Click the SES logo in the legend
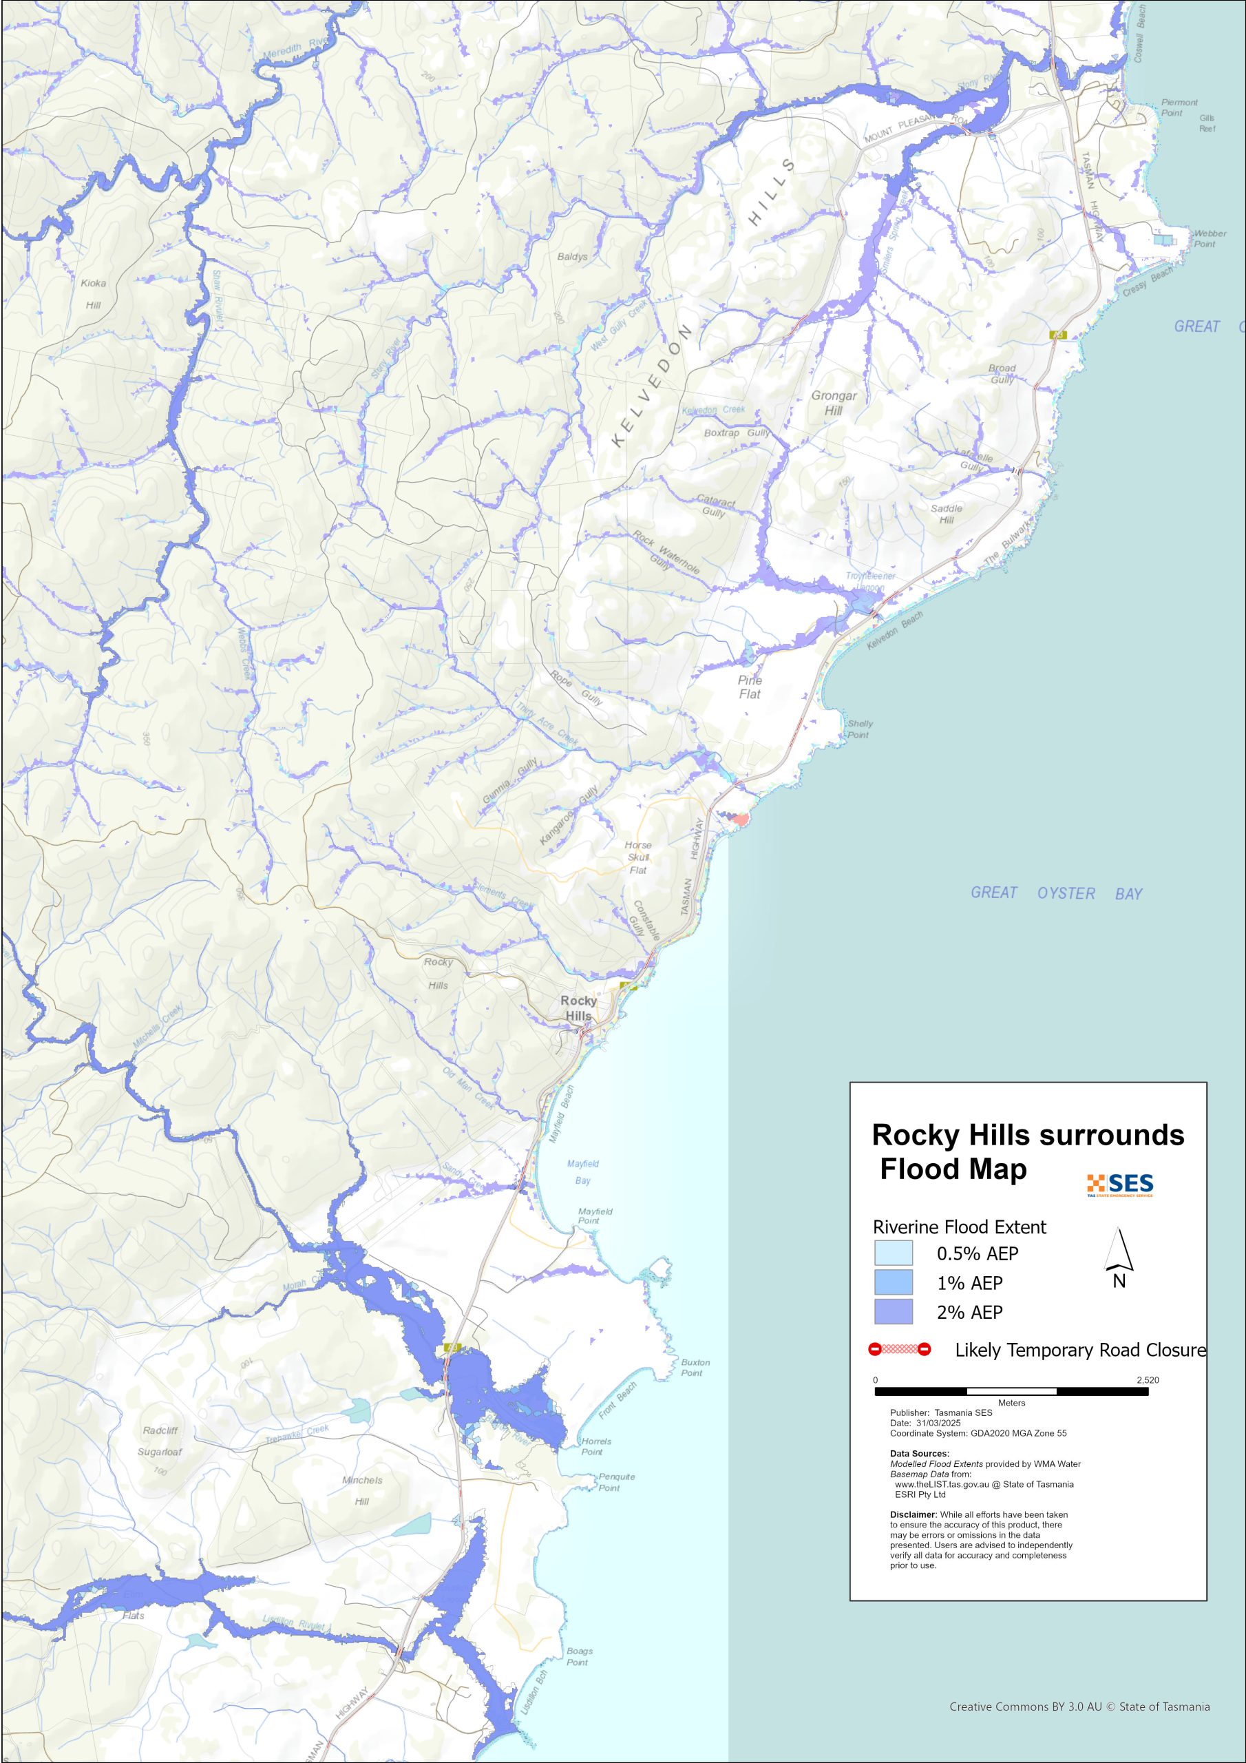1120,1185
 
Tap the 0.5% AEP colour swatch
894,1253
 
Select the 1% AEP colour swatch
894,1282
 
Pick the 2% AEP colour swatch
894,1311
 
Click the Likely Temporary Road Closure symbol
899,1349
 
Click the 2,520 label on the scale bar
1147,1380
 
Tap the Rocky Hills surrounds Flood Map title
1027,1151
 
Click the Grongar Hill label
834,403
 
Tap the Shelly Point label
859,729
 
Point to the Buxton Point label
695,1368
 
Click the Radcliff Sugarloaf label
160,1441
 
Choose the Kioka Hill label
94,293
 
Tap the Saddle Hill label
946,514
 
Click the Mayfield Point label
594,1216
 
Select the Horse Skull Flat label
638,857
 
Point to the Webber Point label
1208,239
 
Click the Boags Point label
579,1656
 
